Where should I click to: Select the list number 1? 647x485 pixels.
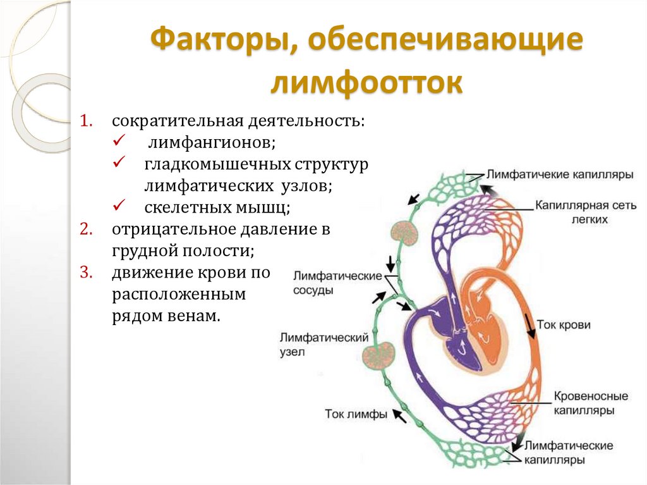87,120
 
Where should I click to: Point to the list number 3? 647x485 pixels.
87,273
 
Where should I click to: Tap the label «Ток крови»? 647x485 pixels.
564,325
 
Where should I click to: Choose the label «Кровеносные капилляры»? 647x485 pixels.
590,403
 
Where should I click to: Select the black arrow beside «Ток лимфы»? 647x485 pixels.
399,415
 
